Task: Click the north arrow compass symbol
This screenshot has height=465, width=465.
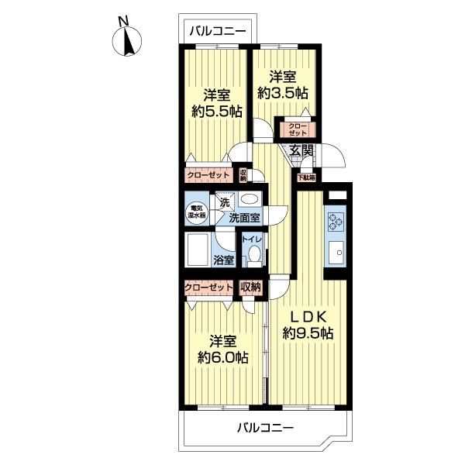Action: pyautogui.click(x=126, y=42)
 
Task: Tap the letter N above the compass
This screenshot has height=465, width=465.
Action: pyautogui.click(x=123, y=21)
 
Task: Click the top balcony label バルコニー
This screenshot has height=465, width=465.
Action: pyautogui.click(x=218, y=31)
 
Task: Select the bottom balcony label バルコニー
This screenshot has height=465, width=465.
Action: pyautogui.click(x=265, y=428)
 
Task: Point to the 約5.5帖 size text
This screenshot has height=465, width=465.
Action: pyautogui.click(x=217, y=112)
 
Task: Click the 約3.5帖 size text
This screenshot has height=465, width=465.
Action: pyautogui.click(x=283, y=94)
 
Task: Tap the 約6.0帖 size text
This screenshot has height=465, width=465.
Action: pyautogui.click(x=223, y=358)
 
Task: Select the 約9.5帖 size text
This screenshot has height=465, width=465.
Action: pyautogui.click(x=308, y=333)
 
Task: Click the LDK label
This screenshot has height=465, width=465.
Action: pyautogui.click(x=308, y=317)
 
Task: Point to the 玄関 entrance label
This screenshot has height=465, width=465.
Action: pyautogui.click(x=301, y=150)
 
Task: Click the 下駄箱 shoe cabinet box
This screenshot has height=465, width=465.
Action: pyautogui.click(x=306, y=177)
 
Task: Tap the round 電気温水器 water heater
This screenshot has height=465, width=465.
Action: pyautogui.click(x=197, y=212)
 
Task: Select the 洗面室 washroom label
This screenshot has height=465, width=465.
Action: pyautogui.click(x=245, y=219)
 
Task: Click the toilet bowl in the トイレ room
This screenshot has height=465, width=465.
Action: pyautogui.click(x=254, y=254)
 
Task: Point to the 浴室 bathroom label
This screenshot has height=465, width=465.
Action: pyautogui.click(x=224, y=260)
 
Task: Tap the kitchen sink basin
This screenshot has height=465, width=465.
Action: pyautogui.click(x=336, y=253)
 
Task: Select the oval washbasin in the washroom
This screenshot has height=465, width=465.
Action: pyautogui.click(x=250, y=198)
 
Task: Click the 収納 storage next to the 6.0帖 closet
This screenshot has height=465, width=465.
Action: pyautogui.click(x=250, y=287)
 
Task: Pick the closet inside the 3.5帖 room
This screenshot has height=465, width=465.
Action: pyautogui.click(x=298, y=129)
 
